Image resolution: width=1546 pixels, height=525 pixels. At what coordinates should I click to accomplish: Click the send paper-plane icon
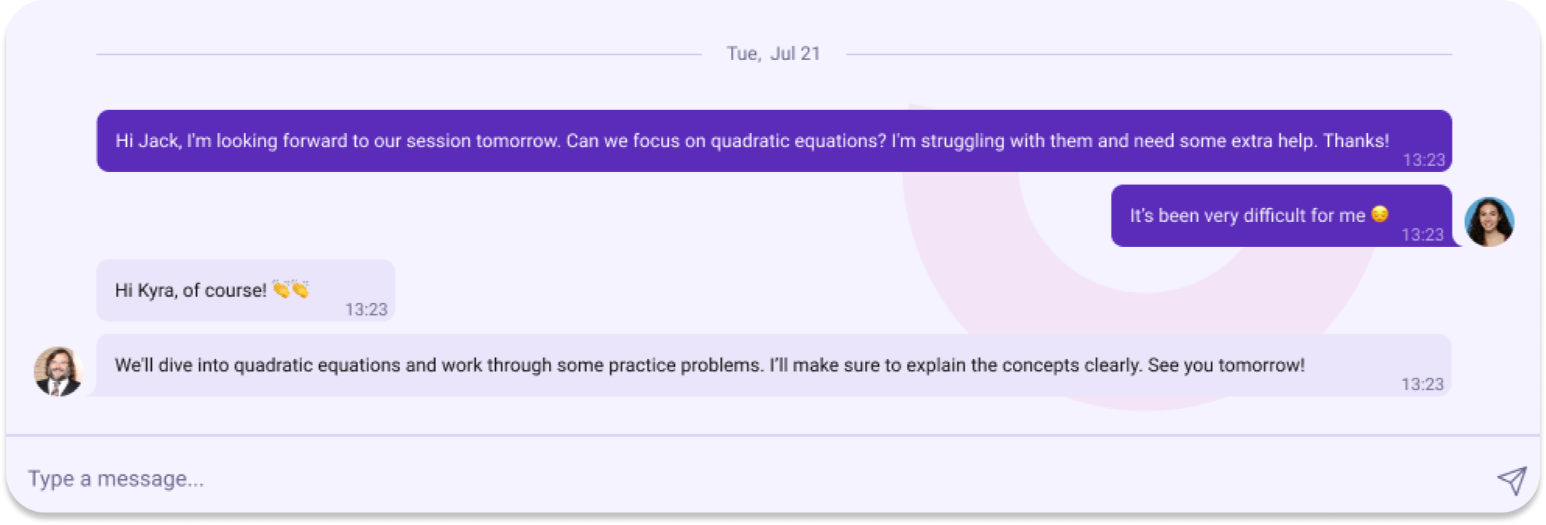(1512, 481)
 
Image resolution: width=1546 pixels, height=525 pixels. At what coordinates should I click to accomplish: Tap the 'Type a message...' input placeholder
(116, 479)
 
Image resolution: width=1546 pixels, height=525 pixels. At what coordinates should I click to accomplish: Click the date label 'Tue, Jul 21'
(774, 54)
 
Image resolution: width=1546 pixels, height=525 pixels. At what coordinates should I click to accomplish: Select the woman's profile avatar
(1489, 222)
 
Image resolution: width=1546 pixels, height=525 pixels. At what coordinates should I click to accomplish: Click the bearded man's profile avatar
(58, 372)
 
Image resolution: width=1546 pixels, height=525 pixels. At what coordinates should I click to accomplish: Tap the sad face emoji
(1379, 214)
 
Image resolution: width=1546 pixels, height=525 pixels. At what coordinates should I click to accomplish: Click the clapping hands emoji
(291, 290)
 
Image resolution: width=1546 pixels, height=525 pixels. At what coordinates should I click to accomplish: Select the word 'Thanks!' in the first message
(1356, 141)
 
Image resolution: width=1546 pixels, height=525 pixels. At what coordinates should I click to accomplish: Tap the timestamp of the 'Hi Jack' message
(1424, 160)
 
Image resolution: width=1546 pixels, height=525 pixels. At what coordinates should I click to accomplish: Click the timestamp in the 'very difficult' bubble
(1422, 234)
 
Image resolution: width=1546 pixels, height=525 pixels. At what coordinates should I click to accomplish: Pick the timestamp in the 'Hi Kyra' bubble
(366, 309)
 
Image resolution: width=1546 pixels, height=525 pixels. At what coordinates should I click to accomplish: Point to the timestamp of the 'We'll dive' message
(1422, 384)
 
